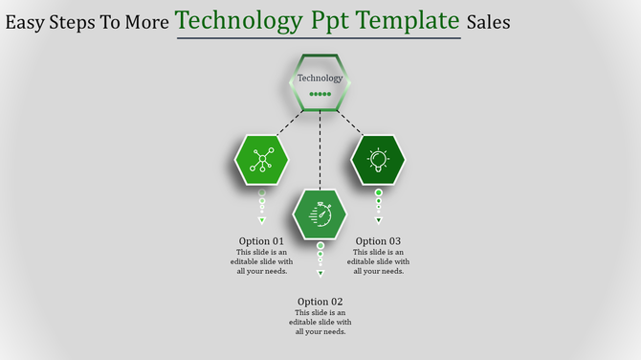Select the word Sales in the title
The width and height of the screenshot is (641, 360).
tap(488, 21)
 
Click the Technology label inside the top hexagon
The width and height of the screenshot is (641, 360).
tap(320, 79)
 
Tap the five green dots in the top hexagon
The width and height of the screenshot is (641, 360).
tap(320, 94)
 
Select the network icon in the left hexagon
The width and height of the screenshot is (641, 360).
tap(261, 160)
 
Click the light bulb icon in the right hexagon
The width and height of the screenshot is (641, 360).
tap(378, 160)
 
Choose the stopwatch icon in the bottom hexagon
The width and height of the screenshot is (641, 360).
tap(320, 214)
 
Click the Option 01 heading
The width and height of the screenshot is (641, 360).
tap(261, 241)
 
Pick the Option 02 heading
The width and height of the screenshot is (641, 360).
tap(320, 302)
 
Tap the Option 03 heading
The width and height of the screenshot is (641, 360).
tap(378, 241)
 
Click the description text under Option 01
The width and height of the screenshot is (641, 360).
tap(261, 261)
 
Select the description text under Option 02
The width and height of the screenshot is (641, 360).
tap(320, 323)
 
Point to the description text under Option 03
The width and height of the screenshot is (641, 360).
tap(378, 261)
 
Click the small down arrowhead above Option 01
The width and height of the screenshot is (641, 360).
tap(261, 220)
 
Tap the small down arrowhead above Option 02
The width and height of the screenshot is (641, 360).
tap(320, 273)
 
